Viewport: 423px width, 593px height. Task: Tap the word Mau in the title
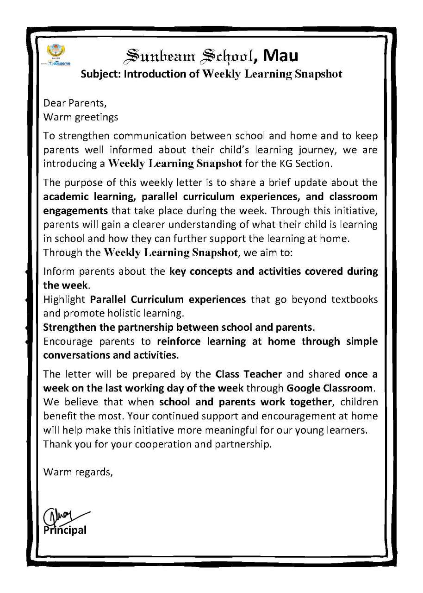pos(281,56)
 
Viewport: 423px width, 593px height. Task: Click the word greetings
pos(98,117)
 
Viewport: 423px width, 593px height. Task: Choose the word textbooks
pos(355,299)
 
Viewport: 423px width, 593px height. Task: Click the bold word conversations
pos(76,355)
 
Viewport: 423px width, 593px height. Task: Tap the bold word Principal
pos(65,530)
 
